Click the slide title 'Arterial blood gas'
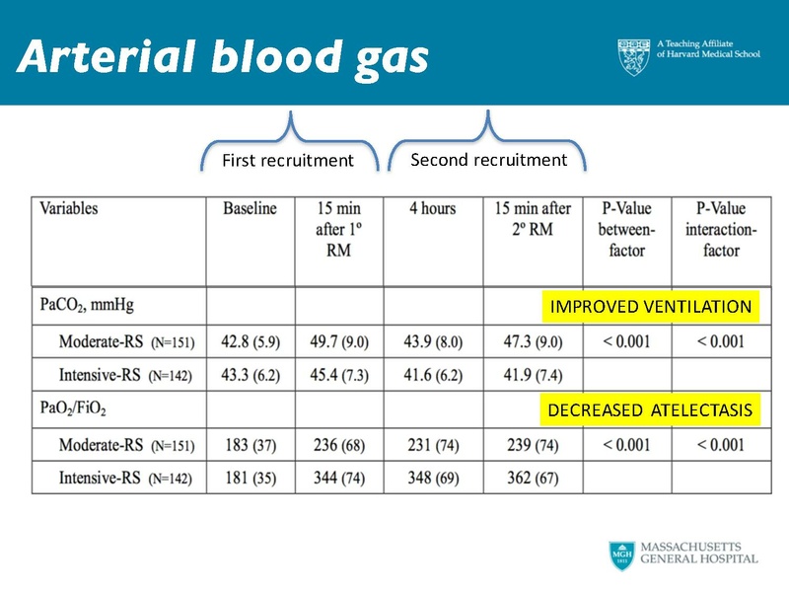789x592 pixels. click(223, 57)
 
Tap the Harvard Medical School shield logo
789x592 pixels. click(634, 57)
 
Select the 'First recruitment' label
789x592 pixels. click(287, 161)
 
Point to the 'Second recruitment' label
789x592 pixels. click(489, 159)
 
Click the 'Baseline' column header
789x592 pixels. click(250, 209)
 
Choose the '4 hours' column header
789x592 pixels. click(432, 209)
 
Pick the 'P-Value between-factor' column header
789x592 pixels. click(626, 230)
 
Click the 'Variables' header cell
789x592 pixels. click(69, 209)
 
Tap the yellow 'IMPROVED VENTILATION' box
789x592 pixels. click(650, 307)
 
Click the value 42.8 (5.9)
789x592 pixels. click(250, 341)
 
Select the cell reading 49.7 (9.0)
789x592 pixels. click(338, 341)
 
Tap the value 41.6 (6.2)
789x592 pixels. click(432, 376)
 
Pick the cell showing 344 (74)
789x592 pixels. click(338, 480)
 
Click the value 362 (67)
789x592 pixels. click(531, 480)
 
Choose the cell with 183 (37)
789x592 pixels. click(250, 445)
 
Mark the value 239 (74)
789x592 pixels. click(531, 445)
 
